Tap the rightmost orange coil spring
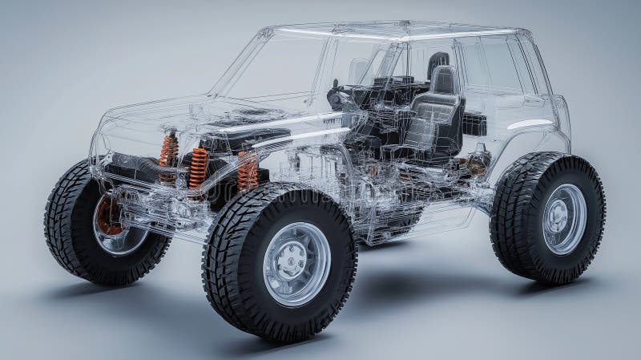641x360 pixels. pos(248,171)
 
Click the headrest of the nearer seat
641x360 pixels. pos(445,79)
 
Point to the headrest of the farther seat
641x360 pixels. pos(438,59)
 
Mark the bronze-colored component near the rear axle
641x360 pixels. pos(478,161)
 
